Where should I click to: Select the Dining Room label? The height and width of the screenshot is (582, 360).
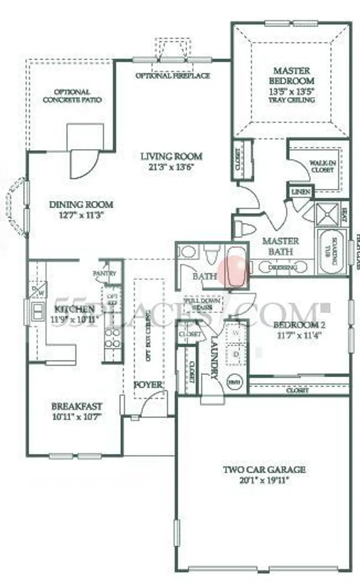coord(81,205)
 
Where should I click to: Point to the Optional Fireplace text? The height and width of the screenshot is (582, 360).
coord(172,76)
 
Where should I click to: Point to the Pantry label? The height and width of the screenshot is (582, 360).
coord(104,273)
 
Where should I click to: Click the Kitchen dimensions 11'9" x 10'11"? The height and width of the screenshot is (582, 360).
coord(74,319)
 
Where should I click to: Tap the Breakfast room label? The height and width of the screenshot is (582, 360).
coord(77,407)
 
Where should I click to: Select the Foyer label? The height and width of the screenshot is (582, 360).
coord(147,384)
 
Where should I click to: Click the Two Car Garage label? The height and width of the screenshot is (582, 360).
coord(264,469)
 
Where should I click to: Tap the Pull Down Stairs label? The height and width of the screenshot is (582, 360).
coord(204,304)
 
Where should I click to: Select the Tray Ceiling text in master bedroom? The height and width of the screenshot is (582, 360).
coord(292,100)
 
